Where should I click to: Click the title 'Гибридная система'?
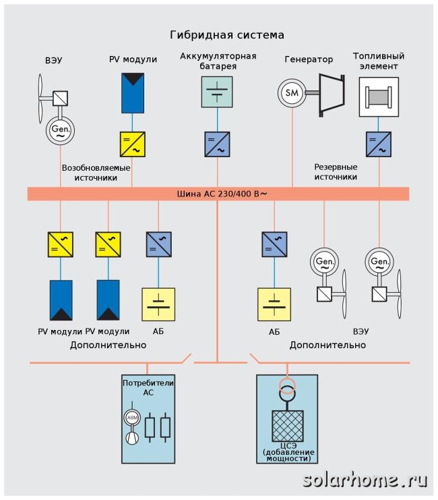pos(227,35)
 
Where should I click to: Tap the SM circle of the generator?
pos(292,93)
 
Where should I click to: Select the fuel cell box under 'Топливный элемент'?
pos(379,97)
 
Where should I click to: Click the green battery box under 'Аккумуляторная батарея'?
pos(217,92)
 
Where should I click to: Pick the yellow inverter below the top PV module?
pos(133,144)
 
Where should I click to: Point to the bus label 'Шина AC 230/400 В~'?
pos(222,194)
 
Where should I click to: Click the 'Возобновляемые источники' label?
pos(96,173)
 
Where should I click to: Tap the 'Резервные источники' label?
pos(336,172)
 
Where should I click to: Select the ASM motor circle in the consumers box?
pos(132,418)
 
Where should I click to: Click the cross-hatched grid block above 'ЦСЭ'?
pos(287,426)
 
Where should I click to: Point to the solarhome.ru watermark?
pos(365,480)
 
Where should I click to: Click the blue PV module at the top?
pos(133,93)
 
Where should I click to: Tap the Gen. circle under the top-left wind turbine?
pos(60,130)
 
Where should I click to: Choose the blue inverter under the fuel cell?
pos(379,144)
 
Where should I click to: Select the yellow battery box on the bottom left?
pos(158,304)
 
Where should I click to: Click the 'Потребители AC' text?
pos(148,387)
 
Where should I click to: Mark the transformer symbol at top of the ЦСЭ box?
pos(287,390)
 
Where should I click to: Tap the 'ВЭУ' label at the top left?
pos(53,60)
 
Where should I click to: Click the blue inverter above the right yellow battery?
pos(274,244)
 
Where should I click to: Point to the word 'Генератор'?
pos(309,59)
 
